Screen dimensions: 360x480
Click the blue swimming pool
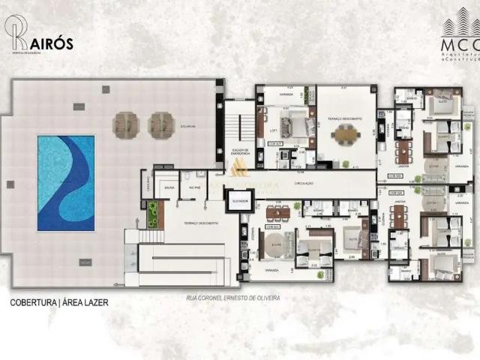(x=66, y=182)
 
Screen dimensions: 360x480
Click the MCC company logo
(x=457, y=37)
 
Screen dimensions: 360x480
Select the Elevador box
(x=239, y=201)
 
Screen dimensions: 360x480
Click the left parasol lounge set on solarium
(x=126, y=122)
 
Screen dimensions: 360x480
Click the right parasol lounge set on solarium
(x=160, y=122)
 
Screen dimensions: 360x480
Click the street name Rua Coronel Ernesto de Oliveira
(x=233, y=298)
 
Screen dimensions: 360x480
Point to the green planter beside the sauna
(x=152, y=213)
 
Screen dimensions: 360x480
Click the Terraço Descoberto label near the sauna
(x=202, y=223)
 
